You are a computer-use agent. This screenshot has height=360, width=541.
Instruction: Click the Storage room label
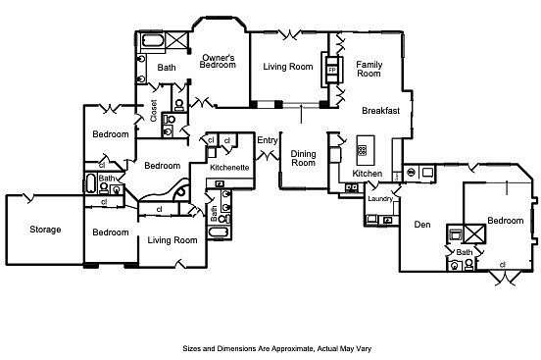tap(45, 230)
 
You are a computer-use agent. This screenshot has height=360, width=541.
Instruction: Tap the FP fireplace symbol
tap(332, 70)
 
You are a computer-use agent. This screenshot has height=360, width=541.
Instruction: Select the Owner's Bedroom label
tap(218, 61)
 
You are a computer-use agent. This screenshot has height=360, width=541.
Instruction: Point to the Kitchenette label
tap(229, 168)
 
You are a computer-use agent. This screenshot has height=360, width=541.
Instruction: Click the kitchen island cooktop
tap(362, 150)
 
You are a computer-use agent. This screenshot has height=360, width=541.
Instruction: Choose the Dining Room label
tap(303, 158)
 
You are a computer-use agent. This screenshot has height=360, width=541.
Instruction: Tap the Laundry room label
tap(380, 199)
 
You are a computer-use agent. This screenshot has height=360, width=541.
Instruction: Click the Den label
tap(422, 225)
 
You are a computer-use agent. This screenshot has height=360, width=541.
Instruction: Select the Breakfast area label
tap(381, 111)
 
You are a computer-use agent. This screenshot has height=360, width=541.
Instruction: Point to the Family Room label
tap(369, 69)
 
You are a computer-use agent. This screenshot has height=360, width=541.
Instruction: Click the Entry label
tap(268, 140)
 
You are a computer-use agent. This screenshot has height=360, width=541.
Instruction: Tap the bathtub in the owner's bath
tap(153, 41)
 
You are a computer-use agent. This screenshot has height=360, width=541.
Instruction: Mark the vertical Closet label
tap(154, 111)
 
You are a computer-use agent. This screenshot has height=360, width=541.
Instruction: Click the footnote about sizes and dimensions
tap(277, 348)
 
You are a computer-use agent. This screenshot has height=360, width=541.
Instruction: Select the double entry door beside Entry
tap(268, 155)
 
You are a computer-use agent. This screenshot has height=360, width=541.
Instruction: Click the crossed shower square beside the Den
tap(474, 233)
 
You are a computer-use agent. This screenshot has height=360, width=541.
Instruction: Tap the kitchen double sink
tap(352, 187)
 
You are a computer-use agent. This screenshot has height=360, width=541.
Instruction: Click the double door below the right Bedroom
tap(506, 278)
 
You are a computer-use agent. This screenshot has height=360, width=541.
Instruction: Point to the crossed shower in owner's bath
tap(177, 41)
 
